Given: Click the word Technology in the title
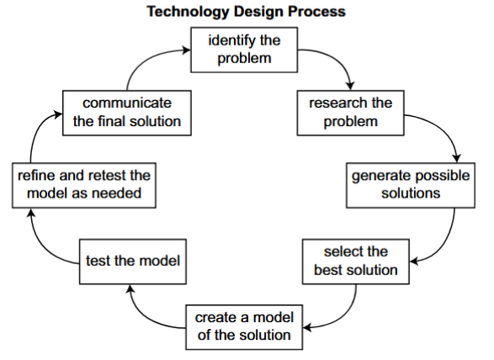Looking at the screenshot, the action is pyautogui.click(x=189, y=12).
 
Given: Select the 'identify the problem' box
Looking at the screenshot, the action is pyautogui.click(x=244, y=50).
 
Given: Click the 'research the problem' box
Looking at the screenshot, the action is pyautogui.click(x=350, y=113).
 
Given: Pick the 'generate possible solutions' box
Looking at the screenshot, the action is pyautogui.click(x=411, y=185).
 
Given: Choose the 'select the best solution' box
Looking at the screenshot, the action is pyautogui.click(x=356, y=262).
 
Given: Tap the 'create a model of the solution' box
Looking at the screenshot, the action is pyautogui.click(x=244, y=327).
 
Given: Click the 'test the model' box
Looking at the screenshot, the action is pyautogui.click(x=133, y=262).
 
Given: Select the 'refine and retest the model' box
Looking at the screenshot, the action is pyautogui.click(x=84, y=185).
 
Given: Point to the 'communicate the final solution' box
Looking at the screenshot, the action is pyautogui.click(x=127, y=113).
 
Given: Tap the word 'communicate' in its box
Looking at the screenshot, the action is pyautogui.click(x=127, y=103).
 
